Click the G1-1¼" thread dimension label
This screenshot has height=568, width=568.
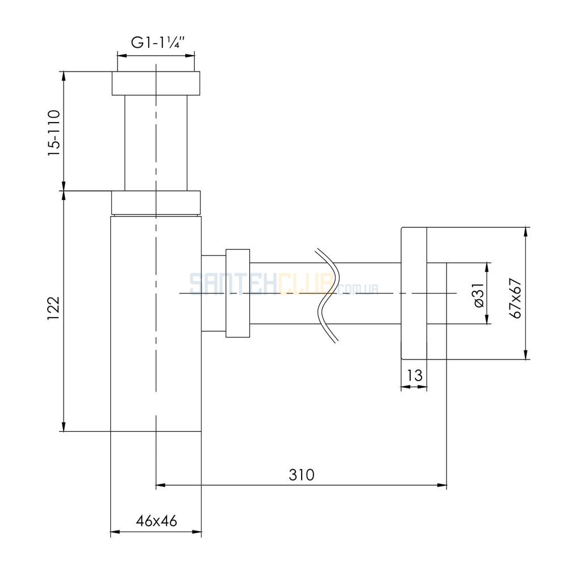pyautogui.click(x=158, y=43)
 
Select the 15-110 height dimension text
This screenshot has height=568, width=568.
pyautogui.click(x=54, y=133)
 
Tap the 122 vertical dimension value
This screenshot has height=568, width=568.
pyautogui.click(x=53, y=308)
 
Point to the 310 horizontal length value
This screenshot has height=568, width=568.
pyautogui.click(x=302, y=474)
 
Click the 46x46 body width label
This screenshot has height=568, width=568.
pyautogui.click(x=157, y=521)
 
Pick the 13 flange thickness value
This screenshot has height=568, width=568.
pyautogui.click(x=415, y=375)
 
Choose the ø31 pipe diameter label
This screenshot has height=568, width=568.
pyautogui.click(x=479, y=295)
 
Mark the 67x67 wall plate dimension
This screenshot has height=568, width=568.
pyautogui.click(x=515, y=299)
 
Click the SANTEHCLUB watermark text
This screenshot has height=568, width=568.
pyautogui.click(x=284, y=285)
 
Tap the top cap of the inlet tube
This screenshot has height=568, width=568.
pyautogui.click(x=156, y=83)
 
